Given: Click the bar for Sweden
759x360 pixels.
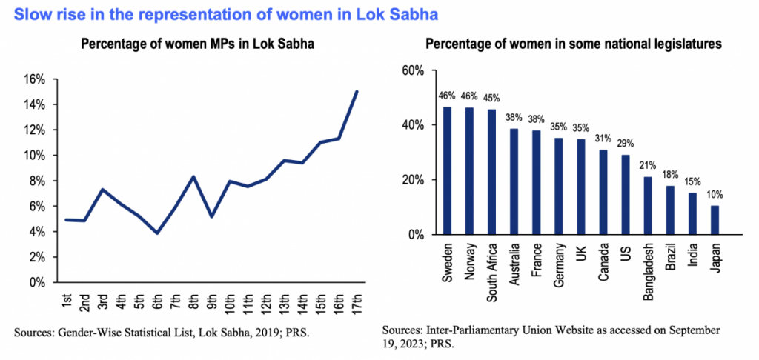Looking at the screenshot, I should pos(447,171).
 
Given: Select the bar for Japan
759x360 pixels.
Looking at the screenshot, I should pos(715,220).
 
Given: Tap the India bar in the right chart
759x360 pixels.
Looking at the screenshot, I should pos(692,213).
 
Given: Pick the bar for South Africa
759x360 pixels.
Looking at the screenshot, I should pos(491,172).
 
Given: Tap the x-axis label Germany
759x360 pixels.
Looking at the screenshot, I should pos(559,267).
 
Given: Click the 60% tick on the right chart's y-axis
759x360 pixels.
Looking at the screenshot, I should pos(412,70).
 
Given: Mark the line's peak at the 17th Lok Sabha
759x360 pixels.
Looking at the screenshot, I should pos(357,92).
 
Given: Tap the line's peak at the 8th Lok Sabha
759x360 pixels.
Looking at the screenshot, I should pos(193,176).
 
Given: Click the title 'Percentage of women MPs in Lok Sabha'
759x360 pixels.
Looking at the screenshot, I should pos(198,44).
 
